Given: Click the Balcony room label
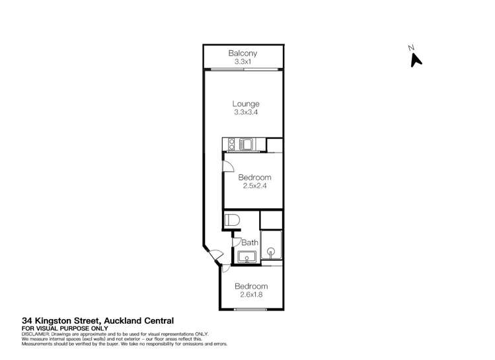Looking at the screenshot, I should point(243,53).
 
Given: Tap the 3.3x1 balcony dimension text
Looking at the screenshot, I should point(243,61).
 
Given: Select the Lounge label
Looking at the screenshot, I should point(245,104).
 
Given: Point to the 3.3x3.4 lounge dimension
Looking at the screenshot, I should point(245,113).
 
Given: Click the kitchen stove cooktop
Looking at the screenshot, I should point(231,143).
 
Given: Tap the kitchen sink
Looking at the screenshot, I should point(246,143).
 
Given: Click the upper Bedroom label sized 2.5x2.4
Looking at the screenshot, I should point(254,178).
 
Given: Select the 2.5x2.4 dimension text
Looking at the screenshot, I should point(254,186).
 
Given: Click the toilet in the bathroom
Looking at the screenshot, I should point(232,221).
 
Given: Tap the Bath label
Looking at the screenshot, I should point(250,242).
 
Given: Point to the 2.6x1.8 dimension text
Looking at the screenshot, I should point(252,295).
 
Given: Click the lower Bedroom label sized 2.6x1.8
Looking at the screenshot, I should point(252,287).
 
